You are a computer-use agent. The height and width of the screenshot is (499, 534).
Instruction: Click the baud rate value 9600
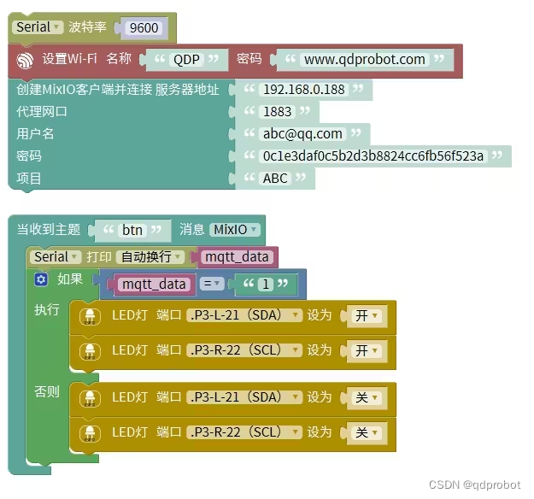coord(144,28)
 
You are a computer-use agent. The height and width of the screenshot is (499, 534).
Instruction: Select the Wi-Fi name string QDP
coord(188,60)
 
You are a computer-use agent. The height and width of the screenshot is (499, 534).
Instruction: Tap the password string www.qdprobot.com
coord(365,60)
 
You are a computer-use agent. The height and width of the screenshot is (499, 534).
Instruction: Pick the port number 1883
coord(278,112)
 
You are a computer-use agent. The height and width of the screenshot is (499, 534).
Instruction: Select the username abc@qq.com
coord(302,134)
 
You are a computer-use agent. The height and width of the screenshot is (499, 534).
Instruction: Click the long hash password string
coord(373,156)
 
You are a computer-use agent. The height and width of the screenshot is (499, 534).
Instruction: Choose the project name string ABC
coord(275,179)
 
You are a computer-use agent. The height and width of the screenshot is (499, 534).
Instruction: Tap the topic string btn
coord(132,230)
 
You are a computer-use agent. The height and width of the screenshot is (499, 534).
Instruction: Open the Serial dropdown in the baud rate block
coord(39,27)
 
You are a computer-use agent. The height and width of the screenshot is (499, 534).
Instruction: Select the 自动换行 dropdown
coord(150,257)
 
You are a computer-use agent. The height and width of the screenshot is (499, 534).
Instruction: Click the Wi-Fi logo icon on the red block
coord(26,60)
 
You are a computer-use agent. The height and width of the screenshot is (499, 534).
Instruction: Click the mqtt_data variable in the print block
coord(237,257)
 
